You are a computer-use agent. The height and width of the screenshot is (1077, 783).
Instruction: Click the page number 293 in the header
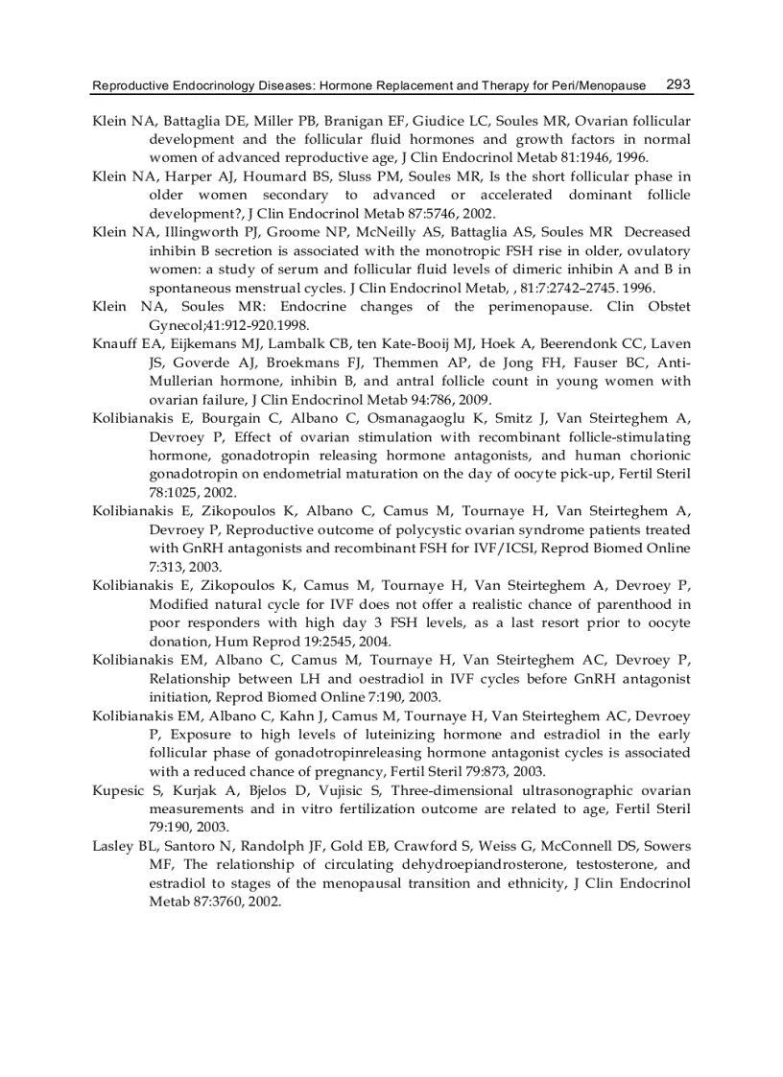[677, 84]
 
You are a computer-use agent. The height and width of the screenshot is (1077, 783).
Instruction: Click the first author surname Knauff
[116, 343]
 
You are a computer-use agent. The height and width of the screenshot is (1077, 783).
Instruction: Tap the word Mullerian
[183, 380]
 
